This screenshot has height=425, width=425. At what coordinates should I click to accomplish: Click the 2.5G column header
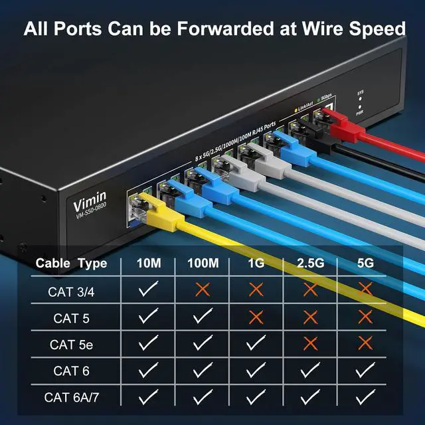pyautogui.click(x=309, y=263)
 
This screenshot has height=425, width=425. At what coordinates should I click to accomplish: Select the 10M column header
pyautogui.click(x=149, y=263)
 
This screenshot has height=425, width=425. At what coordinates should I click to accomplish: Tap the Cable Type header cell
pyautogui.click(x=71, y=263)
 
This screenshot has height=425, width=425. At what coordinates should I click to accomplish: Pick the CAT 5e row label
pyautogui.click(x=71, y=344)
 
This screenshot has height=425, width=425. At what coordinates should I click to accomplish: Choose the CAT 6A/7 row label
pyautogui.click(x=71, y=397)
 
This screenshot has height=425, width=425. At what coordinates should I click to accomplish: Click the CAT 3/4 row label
pyautogui.click(x=71, y=291)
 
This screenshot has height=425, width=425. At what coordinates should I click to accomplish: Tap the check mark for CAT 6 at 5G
pyautogui.click(x=364, y=371)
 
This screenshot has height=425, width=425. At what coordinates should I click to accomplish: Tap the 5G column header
pyautogui.click(x=364, y=263)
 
